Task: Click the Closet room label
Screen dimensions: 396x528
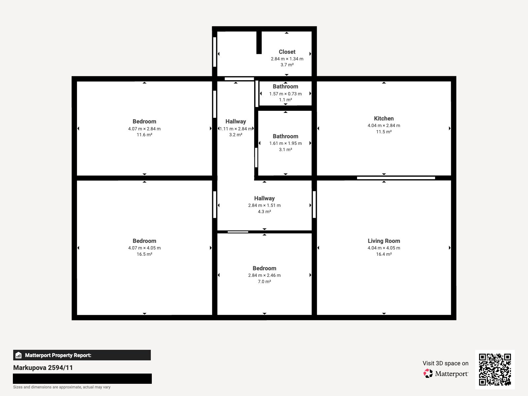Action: coord(287,52)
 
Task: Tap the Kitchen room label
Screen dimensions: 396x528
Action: coord(384,118)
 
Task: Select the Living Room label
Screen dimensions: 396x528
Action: coord(384,241)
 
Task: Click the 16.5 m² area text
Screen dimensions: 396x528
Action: coord(145,254)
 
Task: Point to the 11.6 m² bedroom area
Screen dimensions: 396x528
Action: coord(145,135)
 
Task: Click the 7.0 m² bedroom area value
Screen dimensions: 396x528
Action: coord(264,281)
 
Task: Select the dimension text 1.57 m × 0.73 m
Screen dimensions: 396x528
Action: coord(285,94)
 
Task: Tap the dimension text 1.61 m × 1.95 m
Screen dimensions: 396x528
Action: coord(285,143)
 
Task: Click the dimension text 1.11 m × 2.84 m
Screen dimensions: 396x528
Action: coord(236,129)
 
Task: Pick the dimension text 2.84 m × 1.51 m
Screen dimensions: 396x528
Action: coord(264,205)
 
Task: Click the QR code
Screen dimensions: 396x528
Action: coord(495,369)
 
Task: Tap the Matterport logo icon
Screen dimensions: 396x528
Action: coord(428,374)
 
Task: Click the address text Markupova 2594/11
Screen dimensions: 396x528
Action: coord(43,368)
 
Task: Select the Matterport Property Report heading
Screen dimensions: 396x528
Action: coord(58,355)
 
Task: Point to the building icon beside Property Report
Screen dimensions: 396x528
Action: coord(18,355)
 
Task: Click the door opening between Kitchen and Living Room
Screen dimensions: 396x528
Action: coord(396,178)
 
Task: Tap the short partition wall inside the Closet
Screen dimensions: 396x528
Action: coord(259,42)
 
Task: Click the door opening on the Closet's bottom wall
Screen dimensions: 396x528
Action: coord(239,79)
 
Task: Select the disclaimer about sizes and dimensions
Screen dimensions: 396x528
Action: coord(62,387)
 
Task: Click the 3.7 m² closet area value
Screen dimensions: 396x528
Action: coord(287,65)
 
